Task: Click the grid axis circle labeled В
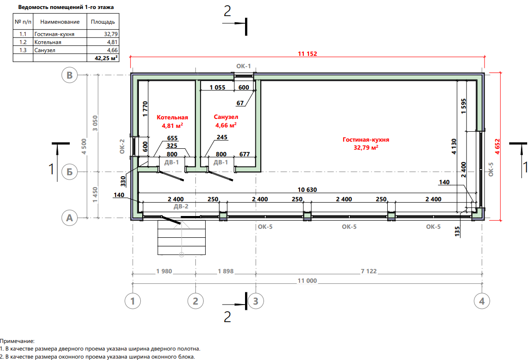[x=70, y=75]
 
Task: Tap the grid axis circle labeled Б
[x=70, y=172]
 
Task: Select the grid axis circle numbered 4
[x=482, y=301]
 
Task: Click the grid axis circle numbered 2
[x=195, y=301]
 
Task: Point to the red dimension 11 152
[x=307, y=54]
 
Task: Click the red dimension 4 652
[x=497, y=147]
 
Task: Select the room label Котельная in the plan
[x=172, y=117]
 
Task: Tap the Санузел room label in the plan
[x=226, y=117]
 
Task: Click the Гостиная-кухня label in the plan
[x=366, y=140]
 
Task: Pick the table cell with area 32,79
[x=110, y=34]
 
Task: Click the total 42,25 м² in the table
[x=106, y=58]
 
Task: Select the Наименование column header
[x=60, y=22]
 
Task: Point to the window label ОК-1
[x=244, y=66]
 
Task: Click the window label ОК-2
[x=122, y=147]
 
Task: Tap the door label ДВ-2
[x=181, y=207]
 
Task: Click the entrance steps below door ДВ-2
[x=182, y=238]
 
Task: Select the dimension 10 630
[x=307, y=190]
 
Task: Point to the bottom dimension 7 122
[x=369, y=271]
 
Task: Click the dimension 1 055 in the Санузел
[x=217, y=87]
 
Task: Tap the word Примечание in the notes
[x=17, y=341]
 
